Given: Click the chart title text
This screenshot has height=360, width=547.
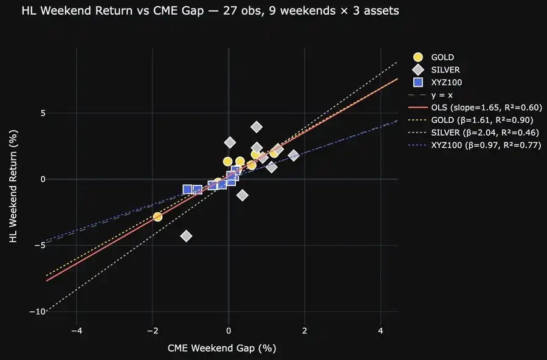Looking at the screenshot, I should (210, 12).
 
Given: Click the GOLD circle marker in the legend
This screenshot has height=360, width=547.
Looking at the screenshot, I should (418, 57).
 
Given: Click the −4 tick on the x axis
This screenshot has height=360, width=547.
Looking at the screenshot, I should (77, 330).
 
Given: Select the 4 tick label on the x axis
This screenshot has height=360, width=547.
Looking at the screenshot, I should (380, 330).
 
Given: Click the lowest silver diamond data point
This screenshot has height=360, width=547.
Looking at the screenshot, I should (187, 235).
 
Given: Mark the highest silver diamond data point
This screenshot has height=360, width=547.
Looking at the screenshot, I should (256, 127).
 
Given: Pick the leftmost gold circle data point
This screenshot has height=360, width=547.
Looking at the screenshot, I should (158, 216).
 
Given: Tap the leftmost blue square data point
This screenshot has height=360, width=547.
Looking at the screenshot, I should (187, 190).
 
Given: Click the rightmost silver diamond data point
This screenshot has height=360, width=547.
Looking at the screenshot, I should (294, 156).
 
